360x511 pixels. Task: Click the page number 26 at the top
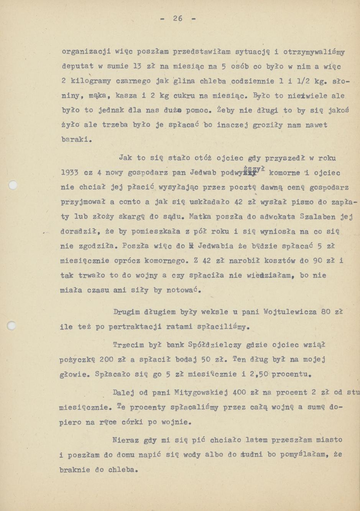178,18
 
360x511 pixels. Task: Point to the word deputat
77,66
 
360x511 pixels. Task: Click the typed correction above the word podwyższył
257,168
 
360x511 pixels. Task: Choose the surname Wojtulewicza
290,312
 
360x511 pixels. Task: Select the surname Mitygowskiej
201,393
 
